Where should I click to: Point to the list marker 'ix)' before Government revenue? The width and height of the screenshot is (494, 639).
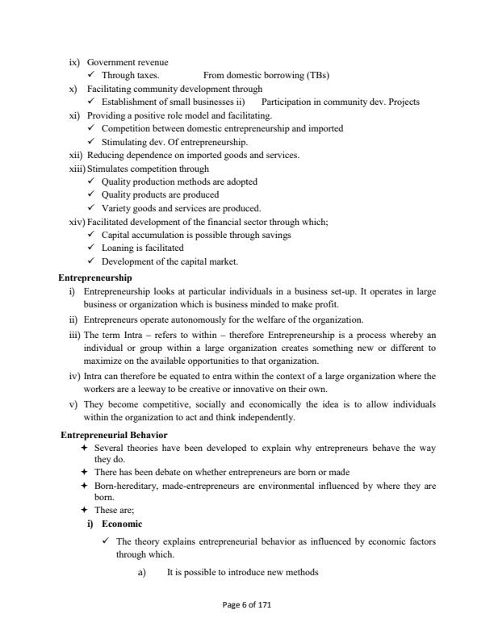(x=77, y=62)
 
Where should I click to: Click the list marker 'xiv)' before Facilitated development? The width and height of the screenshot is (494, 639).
(x=77, y=221)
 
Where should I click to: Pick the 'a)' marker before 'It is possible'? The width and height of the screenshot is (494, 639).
(x=143, y=572)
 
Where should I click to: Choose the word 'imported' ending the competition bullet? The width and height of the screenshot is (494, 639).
(x=325, y=128)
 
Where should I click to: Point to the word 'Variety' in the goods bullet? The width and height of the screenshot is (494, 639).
(x=117, y=207)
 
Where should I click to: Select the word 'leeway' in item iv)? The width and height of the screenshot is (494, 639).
(x=172, y=388)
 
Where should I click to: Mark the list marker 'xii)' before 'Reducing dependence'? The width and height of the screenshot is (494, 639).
(x=77, y=155)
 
